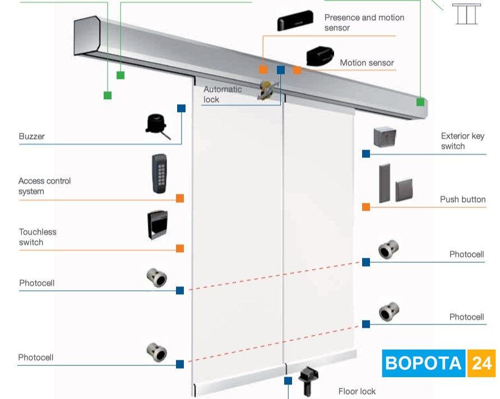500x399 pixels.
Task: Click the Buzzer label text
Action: (x=32, y=136)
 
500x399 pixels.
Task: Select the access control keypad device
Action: (x=159, y=174)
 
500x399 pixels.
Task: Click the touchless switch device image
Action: (x=158, y=225)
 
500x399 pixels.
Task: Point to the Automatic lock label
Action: (x=223, y=94)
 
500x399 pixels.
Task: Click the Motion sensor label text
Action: (x=367, y=63)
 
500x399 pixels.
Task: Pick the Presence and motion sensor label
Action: (x=364, y=22)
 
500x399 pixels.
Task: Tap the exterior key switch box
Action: (x=385, y=137)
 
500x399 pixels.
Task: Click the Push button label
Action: (x=462, y=199)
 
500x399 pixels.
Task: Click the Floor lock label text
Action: (x=357, y=391)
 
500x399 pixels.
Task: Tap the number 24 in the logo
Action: (x=482, y=363)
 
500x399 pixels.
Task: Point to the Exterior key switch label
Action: (x=462, y=141)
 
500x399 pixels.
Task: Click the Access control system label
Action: (x=45, y=186)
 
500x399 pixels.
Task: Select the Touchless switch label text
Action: (x=38, y=237)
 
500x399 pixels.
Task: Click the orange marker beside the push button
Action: (x=366, y=207)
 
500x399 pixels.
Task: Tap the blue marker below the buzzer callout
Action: (x=181, y=108)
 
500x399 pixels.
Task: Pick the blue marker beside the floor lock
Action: (x=288, y=381)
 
